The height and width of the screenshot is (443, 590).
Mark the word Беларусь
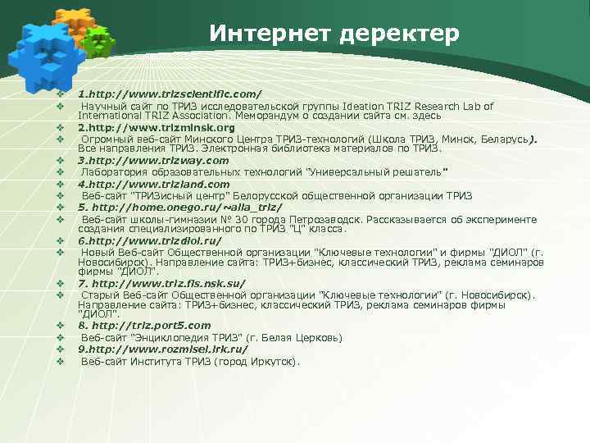click(x=503, y=139)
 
